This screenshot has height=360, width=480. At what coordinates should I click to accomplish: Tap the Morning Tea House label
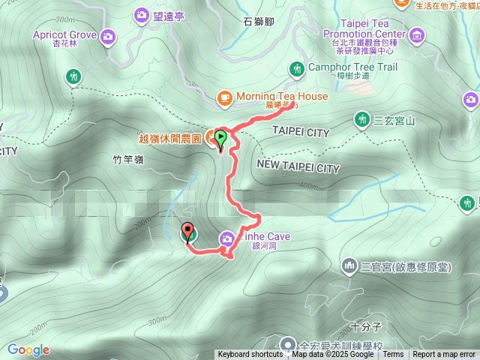[281, 97]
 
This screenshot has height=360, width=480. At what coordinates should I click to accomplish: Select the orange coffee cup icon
[223, 97]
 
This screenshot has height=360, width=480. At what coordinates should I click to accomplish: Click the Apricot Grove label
[64, 35]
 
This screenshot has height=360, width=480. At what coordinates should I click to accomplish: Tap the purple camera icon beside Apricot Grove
[108, 35]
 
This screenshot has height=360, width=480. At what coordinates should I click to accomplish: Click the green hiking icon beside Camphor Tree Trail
[298, 68]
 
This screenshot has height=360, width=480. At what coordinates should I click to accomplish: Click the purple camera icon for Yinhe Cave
[226, 238]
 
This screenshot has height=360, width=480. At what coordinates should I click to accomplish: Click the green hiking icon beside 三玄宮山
[361, 119]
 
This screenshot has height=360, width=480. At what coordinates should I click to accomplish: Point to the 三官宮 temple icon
[349, 265]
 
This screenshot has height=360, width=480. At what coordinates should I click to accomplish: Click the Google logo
[28, 349]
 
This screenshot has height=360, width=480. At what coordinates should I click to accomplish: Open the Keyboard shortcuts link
[250, 355]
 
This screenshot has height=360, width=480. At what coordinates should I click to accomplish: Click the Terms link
[393, 355]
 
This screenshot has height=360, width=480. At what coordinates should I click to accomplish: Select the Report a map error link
[444, 355]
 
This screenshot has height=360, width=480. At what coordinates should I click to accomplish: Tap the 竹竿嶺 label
[127, 160]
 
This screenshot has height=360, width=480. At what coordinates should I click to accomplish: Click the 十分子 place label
[366, 327]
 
